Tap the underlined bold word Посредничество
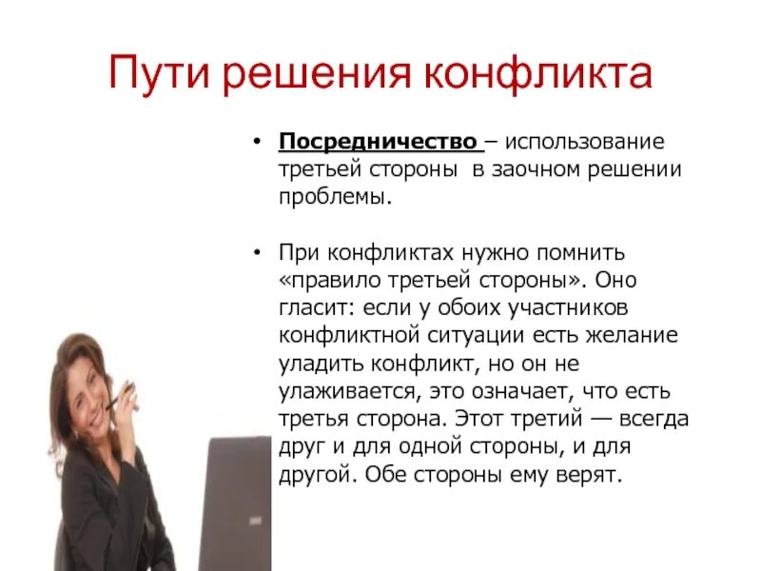[379, 143]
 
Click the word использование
[584, 143]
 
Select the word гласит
[312, 309]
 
